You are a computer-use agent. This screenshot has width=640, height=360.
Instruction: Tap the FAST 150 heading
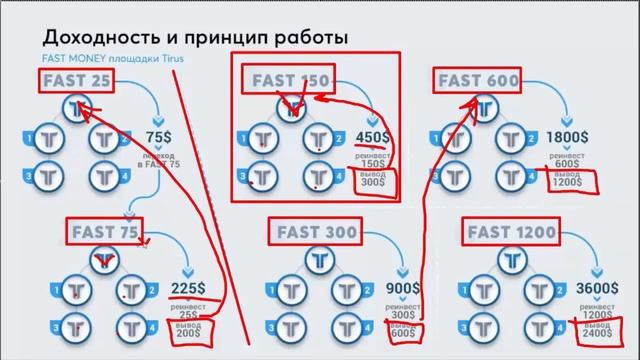pyautogui.click(x=289, y=79)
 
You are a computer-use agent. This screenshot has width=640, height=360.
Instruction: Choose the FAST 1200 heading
pyautogui.click(x=508, y=232)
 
